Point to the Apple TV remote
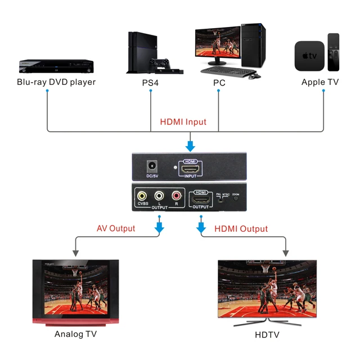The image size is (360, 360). pos(334,52)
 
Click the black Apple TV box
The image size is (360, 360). pos(309,56)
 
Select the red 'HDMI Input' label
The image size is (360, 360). pos(183,121)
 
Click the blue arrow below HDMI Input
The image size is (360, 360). pos(191,145)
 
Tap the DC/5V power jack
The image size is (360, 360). pos(151,167)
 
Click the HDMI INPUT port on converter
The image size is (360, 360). pos(191,168)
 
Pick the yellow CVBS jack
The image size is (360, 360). pos(142,196)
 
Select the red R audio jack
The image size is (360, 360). pos(177,196)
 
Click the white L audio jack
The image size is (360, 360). pos(160,196)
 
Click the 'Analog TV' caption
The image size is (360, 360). pos(76,334)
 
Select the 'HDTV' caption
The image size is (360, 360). pos(267,335)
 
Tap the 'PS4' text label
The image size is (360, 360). pos(151,82)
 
